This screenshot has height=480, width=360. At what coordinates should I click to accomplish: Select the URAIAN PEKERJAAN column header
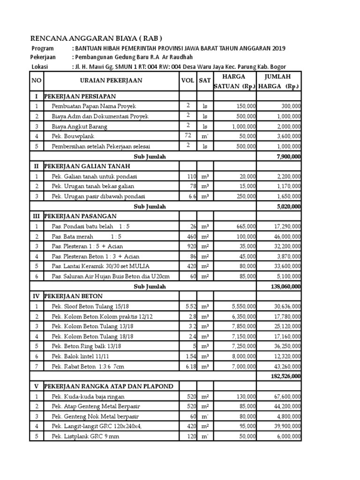click(x=111, y=81)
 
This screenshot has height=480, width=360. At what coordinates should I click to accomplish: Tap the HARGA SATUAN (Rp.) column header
click(x=234, y=81)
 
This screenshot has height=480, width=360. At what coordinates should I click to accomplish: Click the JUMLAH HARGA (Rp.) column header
click(x=279, y=81)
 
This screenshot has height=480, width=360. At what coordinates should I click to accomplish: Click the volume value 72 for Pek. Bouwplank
click(x=188, y=136)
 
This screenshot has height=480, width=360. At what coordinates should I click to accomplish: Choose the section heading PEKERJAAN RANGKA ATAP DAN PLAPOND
click(x=108, y=386)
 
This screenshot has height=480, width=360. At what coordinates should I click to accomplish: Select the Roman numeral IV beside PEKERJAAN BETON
click(x=37, y=296)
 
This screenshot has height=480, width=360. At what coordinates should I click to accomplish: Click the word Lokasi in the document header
click(x=40, y=67)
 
